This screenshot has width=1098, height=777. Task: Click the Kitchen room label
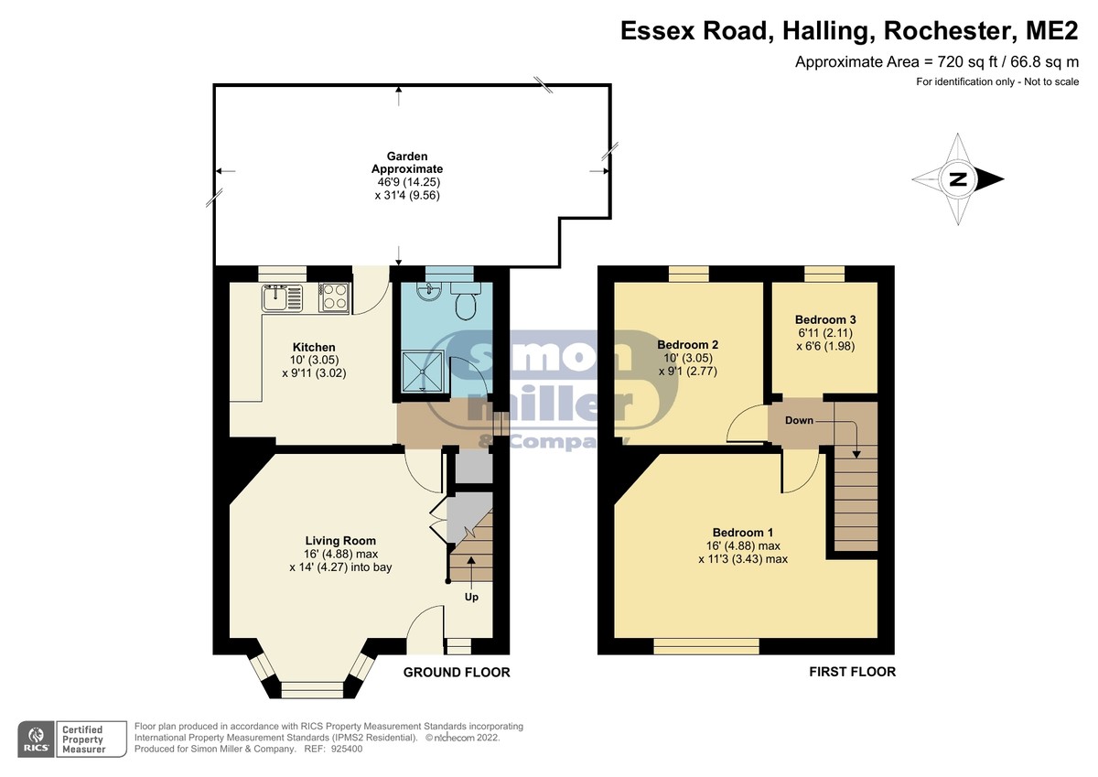314,347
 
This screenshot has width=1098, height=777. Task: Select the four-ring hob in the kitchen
333,297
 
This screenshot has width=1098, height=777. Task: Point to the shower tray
423,372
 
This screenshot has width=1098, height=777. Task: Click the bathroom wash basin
429,291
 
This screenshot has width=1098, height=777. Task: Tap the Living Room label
340,541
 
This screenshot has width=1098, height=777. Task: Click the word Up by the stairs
471,597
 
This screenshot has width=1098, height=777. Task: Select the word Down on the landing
799,420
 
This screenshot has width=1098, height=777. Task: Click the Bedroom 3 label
825,319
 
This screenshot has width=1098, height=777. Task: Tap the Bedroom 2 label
688,345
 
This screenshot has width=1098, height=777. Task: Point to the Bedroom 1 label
743,533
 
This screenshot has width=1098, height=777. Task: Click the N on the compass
958,179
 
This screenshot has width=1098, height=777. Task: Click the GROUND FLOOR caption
457,672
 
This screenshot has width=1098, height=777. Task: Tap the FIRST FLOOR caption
852,672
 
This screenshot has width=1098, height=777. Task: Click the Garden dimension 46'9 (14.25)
408,182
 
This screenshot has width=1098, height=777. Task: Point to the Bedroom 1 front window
706,646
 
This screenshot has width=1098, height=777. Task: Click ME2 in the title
1052,31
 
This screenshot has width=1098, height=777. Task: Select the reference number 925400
347,749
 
